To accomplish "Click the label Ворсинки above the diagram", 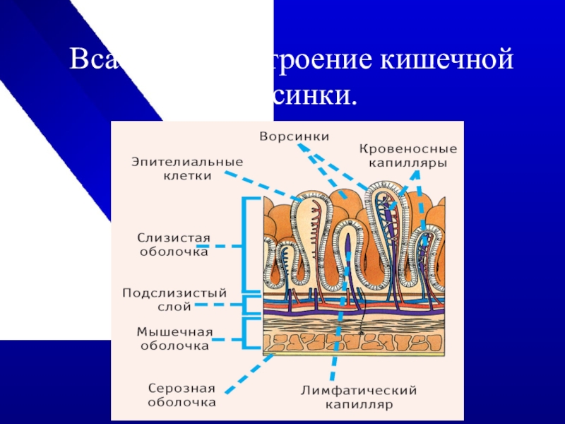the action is (x=295, y=135).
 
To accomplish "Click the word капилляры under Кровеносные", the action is (x=408, y=163).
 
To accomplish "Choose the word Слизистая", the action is (x=173, y=237).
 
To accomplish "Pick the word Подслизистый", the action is (x=174, y=292).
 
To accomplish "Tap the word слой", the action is (x=173, y=307).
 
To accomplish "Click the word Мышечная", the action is (x=174, y=331).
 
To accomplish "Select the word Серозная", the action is (x=182, y=388).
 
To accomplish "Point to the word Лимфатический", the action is (x=359, y=390).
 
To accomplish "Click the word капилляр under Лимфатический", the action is (x=359, y=405).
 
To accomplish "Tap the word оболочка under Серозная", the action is (x=182, y=402).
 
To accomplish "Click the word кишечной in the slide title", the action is (x=447, y=59).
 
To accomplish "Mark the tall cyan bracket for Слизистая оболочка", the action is (x=245, y=245).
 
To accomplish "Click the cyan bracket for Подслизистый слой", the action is (x=245, y=305).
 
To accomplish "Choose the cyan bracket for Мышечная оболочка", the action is (x=245, y=333).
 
